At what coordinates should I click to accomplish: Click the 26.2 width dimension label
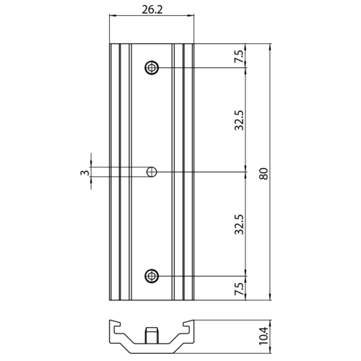tap(152, 9)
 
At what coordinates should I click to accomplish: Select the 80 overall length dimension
tap(264, 173)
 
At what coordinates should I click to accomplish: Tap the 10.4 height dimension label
tap(264, 336)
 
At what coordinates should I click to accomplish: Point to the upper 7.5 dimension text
tap(239, 56)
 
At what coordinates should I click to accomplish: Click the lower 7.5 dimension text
tap(239, 289)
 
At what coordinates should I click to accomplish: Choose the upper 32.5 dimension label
tap(239, 121)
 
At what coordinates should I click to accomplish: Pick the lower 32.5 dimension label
tap(239, 225)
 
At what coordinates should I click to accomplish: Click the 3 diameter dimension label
tap(84, 173)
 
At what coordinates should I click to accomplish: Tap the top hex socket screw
tap(152, 68)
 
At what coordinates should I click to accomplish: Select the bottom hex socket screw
tap(152, 276)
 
